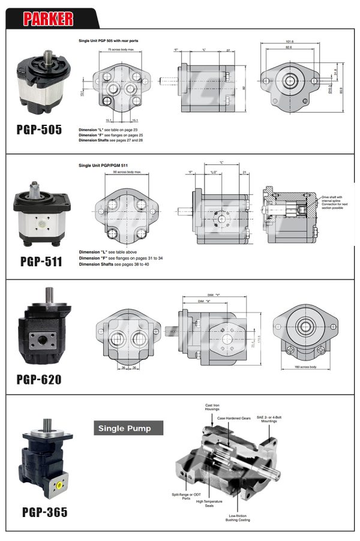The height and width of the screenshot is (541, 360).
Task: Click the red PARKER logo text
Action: [x=48, y=18]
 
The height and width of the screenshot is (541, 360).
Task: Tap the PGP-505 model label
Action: [x=39, y=129]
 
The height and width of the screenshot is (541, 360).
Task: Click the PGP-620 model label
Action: [x=39, y=379]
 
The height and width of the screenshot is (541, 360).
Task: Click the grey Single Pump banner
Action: [x=130, y=428]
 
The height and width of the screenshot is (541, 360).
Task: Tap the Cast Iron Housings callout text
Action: [x=214, y=408]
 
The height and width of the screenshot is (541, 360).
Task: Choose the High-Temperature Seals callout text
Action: [x=209, y=503]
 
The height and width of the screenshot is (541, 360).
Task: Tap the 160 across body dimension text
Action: [x=305, y=366]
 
